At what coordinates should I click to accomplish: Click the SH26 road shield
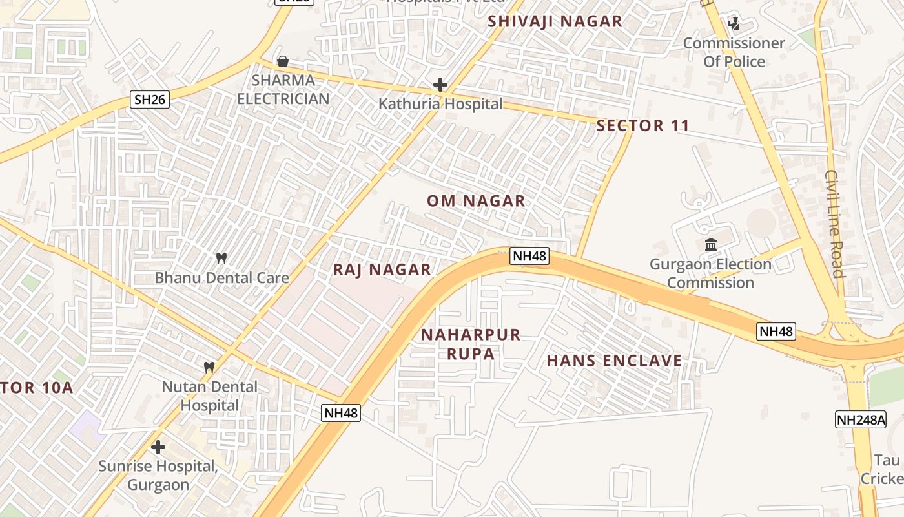pos(150,100)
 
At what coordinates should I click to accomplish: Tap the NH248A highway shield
pos(861,419)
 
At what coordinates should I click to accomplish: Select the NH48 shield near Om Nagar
pos(529,256)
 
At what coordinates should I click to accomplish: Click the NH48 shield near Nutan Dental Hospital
pos(340,413)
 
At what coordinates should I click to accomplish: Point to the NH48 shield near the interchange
pos(776,332)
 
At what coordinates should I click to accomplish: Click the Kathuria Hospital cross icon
pos(440,85)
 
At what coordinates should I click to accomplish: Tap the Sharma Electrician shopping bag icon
pos(282,62)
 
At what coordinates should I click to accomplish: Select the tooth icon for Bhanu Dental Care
pos(221,258)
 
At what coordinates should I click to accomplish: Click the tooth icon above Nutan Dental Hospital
pos(209,367)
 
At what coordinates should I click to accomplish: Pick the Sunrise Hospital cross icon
pos(158,447)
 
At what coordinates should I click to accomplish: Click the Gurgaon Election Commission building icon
pos(711,245)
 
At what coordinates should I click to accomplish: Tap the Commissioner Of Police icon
pos(734,25)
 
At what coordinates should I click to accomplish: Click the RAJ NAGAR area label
pos(382,270)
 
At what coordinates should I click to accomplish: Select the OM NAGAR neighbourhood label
pos(476,201)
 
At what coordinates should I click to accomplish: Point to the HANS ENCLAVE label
pos(614,361)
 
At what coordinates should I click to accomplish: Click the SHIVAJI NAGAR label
pos(555,21)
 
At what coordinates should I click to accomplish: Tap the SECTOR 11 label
pos(642,126)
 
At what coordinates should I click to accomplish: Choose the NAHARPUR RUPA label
pos(470,344)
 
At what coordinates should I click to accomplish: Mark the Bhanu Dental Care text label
pos(221,278)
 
